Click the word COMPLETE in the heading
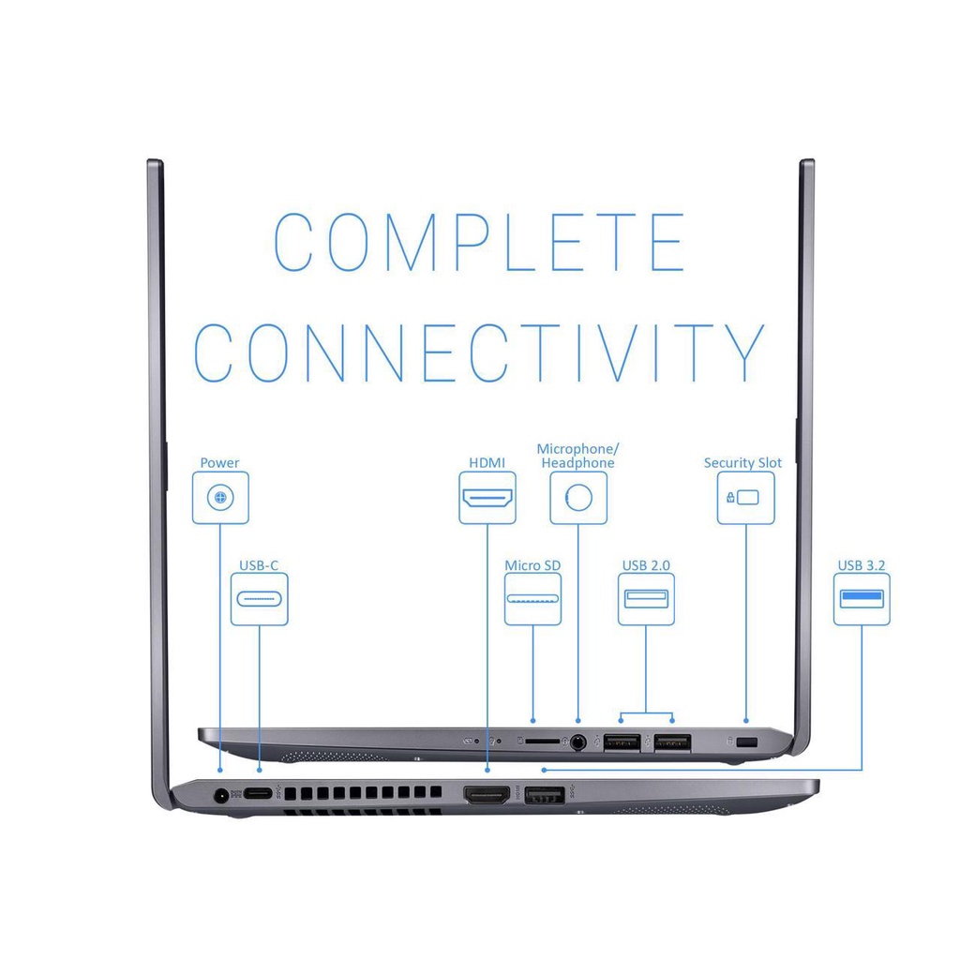479,242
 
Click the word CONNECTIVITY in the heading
479,352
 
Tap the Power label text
219,463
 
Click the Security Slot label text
742,463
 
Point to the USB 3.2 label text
862,565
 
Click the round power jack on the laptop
220,796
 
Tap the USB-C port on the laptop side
259,794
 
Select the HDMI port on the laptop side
487,795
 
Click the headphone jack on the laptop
577,743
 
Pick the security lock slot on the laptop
747,742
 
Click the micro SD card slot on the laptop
542,741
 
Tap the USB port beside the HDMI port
545,796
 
